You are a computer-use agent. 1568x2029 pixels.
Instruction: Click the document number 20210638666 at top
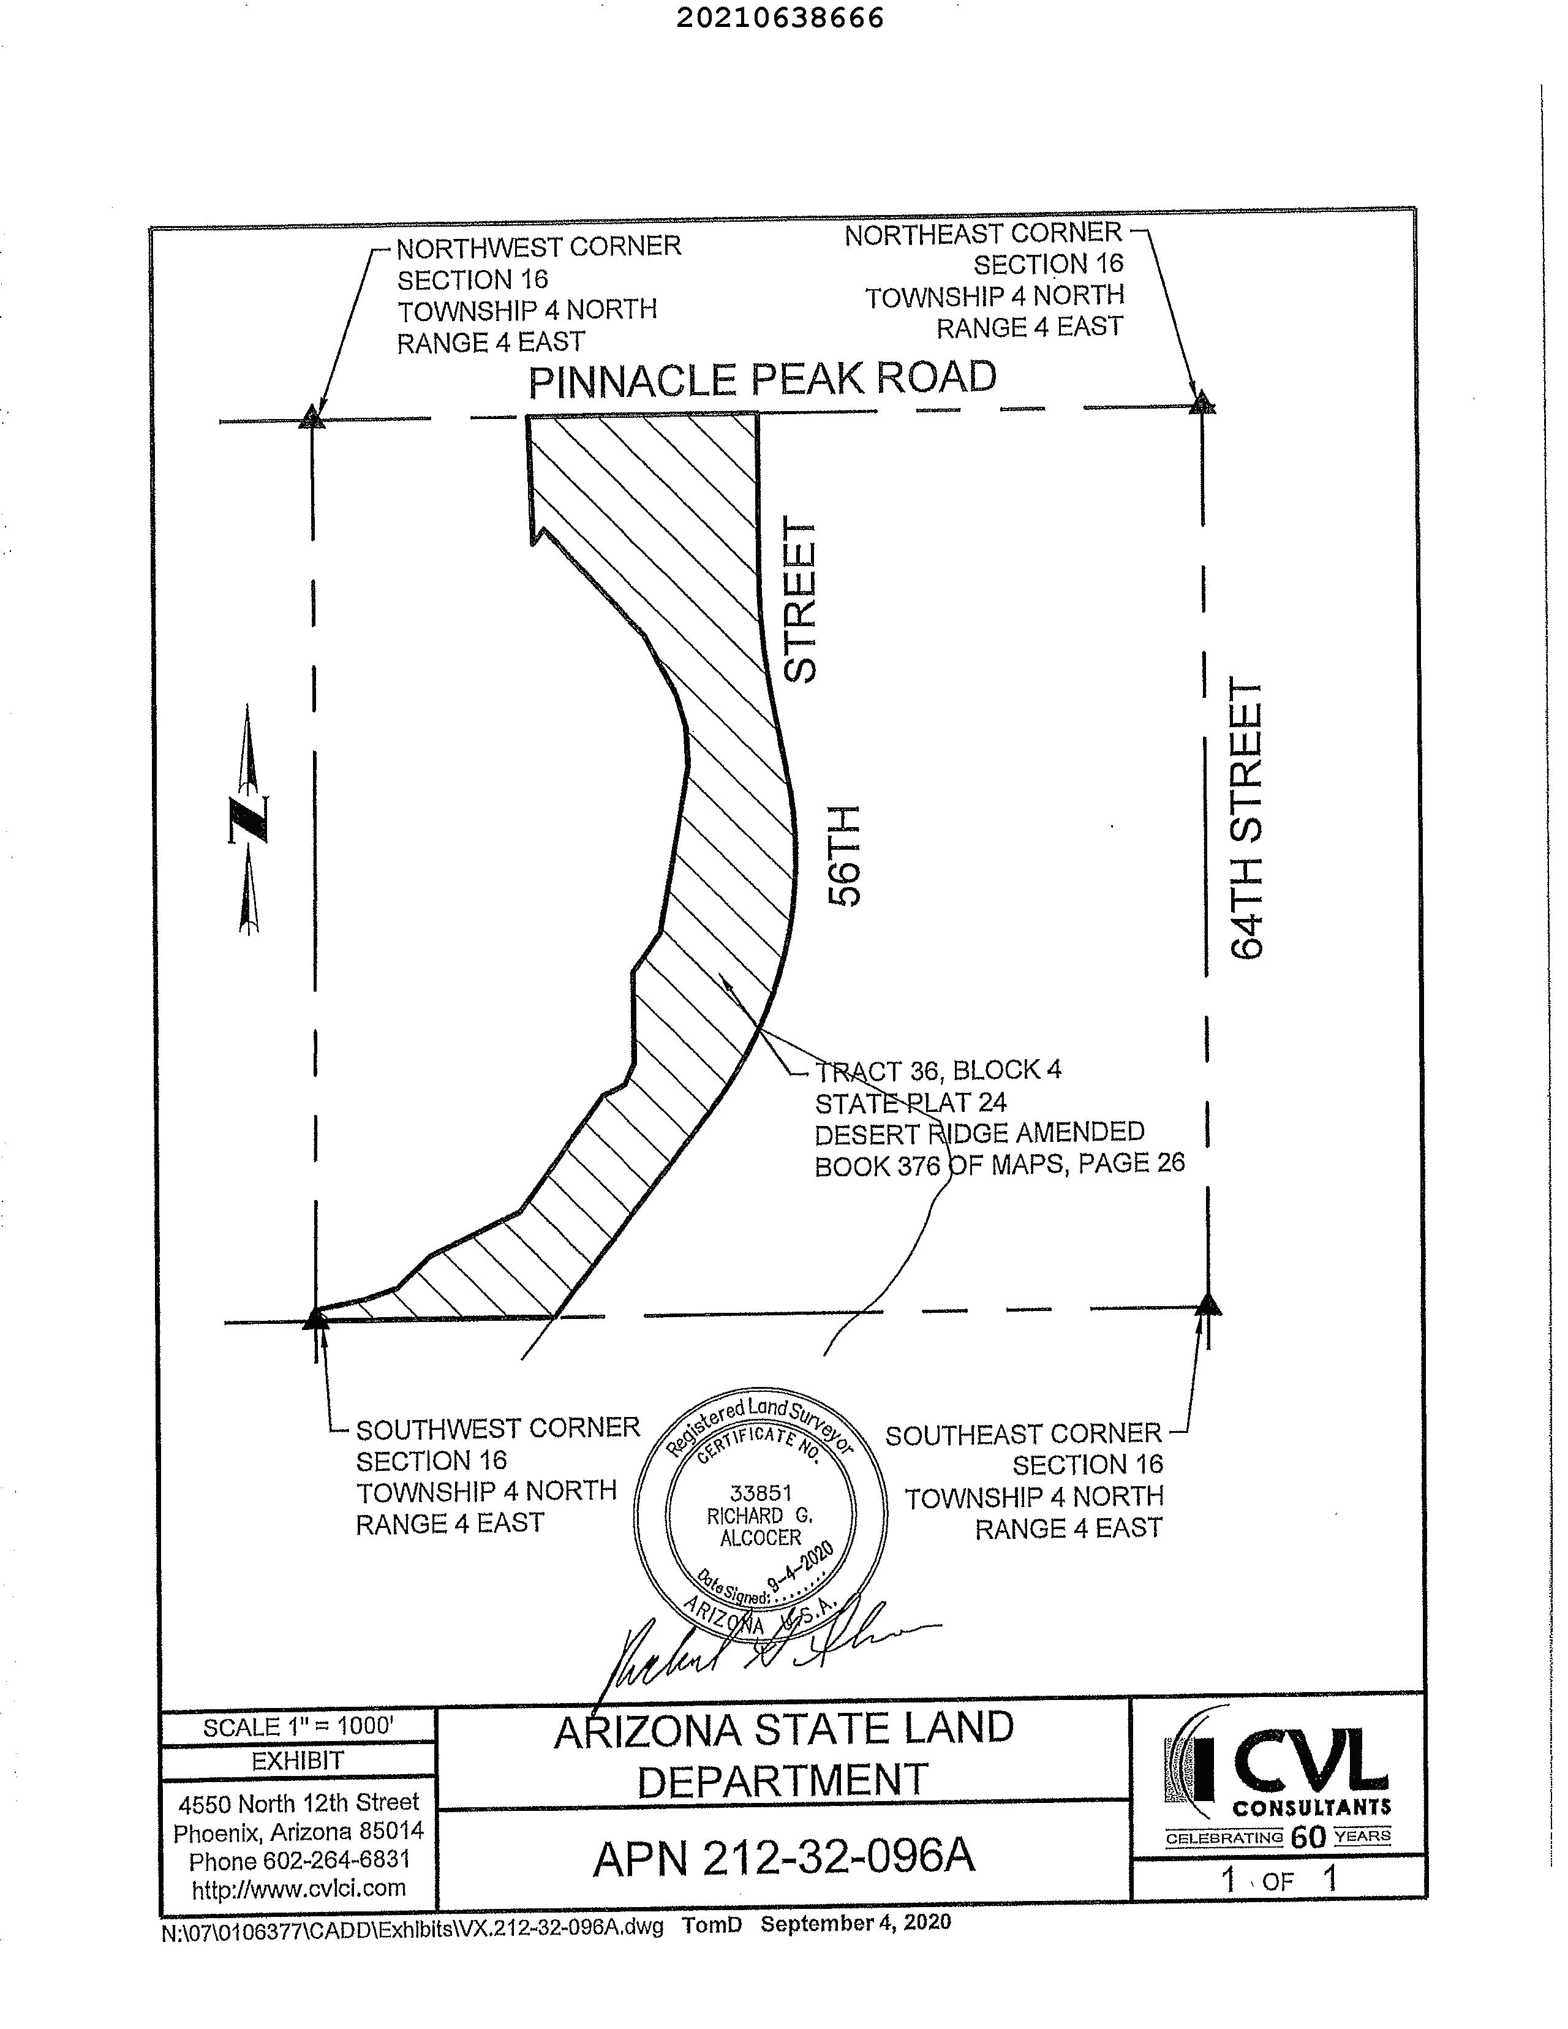click(779, 18)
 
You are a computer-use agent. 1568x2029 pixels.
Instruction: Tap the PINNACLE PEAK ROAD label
click(762, 379)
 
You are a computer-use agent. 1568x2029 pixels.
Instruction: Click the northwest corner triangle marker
click(312, 417)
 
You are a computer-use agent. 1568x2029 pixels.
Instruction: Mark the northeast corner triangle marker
click(1203, 403)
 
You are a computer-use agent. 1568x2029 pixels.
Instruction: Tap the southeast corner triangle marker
click(1208, 1304)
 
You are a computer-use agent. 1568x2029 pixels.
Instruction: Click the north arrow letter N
click(249, 818)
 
